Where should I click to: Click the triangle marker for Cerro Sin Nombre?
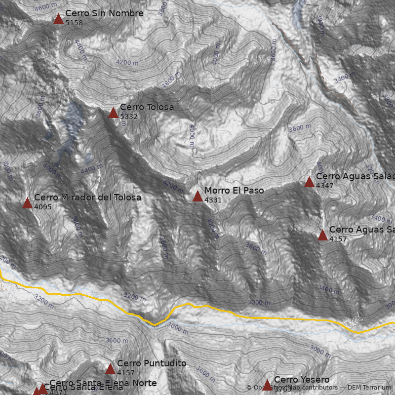58,19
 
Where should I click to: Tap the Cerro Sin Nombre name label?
104,13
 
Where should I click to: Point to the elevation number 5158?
74,23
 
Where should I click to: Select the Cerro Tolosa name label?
147,107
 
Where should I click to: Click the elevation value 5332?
129,117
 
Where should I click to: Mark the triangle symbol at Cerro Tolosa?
113,113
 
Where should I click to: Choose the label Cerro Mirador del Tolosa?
87,197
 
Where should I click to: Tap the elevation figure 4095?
43,207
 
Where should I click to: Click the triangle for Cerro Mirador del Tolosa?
27,203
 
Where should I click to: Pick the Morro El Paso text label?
234,191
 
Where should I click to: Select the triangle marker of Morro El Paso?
197,197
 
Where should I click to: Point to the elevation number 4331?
213,200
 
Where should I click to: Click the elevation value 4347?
325,186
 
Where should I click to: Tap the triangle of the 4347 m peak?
309,182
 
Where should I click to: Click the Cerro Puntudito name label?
152,363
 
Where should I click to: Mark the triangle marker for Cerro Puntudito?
110,369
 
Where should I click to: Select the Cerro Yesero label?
302,379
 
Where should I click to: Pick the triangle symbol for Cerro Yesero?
267,385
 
